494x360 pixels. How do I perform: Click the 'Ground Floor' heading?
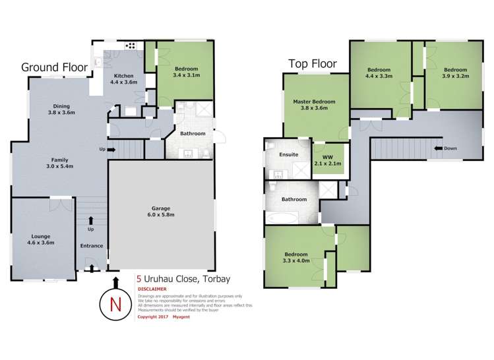click(53, 67)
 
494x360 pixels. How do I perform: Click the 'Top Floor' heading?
click(312, 64)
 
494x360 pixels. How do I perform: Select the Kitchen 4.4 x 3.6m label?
click(123, 78)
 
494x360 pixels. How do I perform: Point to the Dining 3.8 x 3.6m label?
click(61, 109)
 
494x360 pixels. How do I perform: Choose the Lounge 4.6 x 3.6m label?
click(40, 239)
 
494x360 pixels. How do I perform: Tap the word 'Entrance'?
click(91, 246)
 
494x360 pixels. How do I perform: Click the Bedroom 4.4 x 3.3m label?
click(379, 73)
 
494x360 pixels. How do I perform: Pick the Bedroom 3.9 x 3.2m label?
click(454, 73)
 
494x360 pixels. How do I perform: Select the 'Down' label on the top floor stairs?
click(450, 148)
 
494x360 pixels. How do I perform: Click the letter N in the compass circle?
click(116, 305)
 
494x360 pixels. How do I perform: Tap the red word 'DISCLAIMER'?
click(152, 289)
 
